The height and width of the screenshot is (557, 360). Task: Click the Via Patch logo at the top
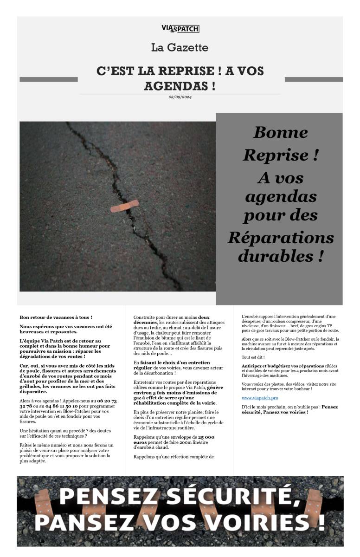pos(180,29)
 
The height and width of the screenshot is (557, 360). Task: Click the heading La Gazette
pos(180,47)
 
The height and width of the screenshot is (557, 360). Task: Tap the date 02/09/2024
pos(180,97)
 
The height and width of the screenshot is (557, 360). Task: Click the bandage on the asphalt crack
pos(124,206)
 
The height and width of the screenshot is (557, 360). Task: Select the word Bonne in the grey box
pos(280,132)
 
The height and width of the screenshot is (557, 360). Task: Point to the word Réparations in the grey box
pos(280,238)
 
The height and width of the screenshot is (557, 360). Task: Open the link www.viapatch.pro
pos(260,398)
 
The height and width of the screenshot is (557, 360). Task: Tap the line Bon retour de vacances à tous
pos(56,317)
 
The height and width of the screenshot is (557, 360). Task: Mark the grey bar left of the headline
pos(48,79)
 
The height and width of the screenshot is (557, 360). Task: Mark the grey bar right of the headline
pos(314,79)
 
